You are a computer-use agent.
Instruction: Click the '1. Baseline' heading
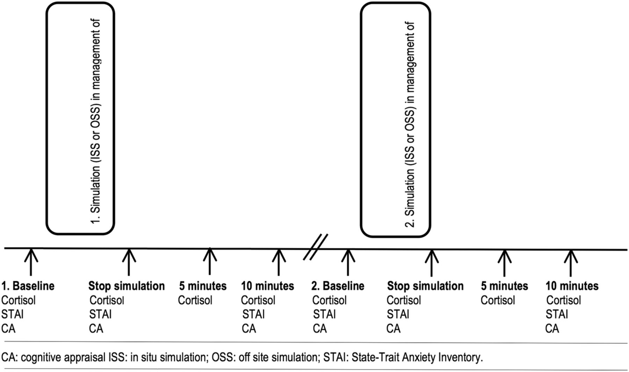(28, 286)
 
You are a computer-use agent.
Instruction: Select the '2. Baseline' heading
(338, 286)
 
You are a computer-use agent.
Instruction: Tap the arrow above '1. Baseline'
(31, 262)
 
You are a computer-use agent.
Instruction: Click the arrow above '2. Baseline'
(348, 262)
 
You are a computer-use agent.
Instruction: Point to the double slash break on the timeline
(316, 247)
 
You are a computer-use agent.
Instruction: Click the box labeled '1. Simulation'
(80, 118)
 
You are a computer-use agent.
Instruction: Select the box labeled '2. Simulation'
(396, 120)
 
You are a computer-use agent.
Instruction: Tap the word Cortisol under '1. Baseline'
(19, 300)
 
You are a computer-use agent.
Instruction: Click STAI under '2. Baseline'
(324, 314)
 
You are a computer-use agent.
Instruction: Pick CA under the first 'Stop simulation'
(96, 329)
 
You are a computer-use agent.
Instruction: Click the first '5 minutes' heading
(203, 286)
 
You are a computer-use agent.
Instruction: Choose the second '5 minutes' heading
(504, 286)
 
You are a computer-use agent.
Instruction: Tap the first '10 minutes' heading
(268, 286)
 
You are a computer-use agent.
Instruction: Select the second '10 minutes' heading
(572, 286)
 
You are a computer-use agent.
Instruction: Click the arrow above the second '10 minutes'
(571, 263)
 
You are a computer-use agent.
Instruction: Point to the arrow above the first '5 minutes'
(210, 261)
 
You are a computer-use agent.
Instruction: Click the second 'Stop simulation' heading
(425, 286)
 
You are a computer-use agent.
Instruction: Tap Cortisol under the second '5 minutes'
(498, 300)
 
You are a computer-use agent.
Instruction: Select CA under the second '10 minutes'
(552, 329)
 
